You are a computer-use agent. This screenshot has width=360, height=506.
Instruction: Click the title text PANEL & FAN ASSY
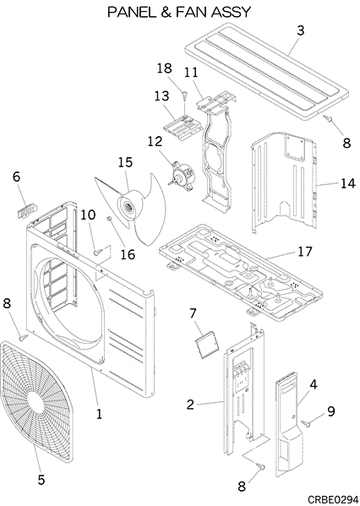click(x=179, y=13)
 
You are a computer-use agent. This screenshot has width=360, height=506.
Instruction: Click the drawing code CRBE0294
click(x=333, y=499)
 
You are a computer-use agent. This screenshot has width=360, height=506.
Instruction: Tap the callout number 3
click(x=301, y=30)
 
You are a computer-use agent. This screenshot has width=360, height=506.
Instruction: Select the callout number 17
click(x=304, y=252)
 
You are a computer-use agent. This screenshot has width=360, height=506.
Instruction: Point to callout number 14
click(x=347, y=183)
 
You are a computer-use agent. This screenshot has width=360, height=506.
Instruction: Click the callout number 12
click(x=155, y=141)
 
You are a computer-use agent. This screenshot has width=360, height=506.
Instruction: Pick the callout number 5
click(x=41, y=480)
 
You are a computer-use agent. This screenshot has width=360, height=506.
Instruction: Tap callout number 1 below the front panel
click(x=99, y=414)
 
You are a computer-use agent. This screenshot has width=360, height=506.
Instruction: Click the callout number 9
click(x=330, y=411)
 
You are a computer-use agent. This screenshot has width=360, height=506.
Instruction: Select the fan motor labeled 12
click(x=183, y=175)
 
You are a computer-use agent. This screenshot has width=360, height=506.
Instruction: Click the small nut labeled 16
click(x=109, y=219)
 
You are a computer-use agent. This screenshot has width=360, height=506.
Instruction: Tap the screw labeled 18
click(x=184, y=95)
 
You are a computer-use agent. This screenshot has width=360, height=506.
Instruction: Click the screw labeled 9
click(x=306, y=423)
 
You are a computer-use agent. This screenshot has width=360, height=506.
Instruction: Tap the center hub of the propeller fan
click(x=128, y=207)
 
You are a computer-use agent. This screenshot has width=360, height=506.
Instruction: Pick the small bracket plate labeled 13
click(x=182, y=126)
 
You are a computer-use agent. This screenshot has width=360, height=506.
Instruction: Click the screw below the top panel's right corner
click(x=328, y=118)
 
